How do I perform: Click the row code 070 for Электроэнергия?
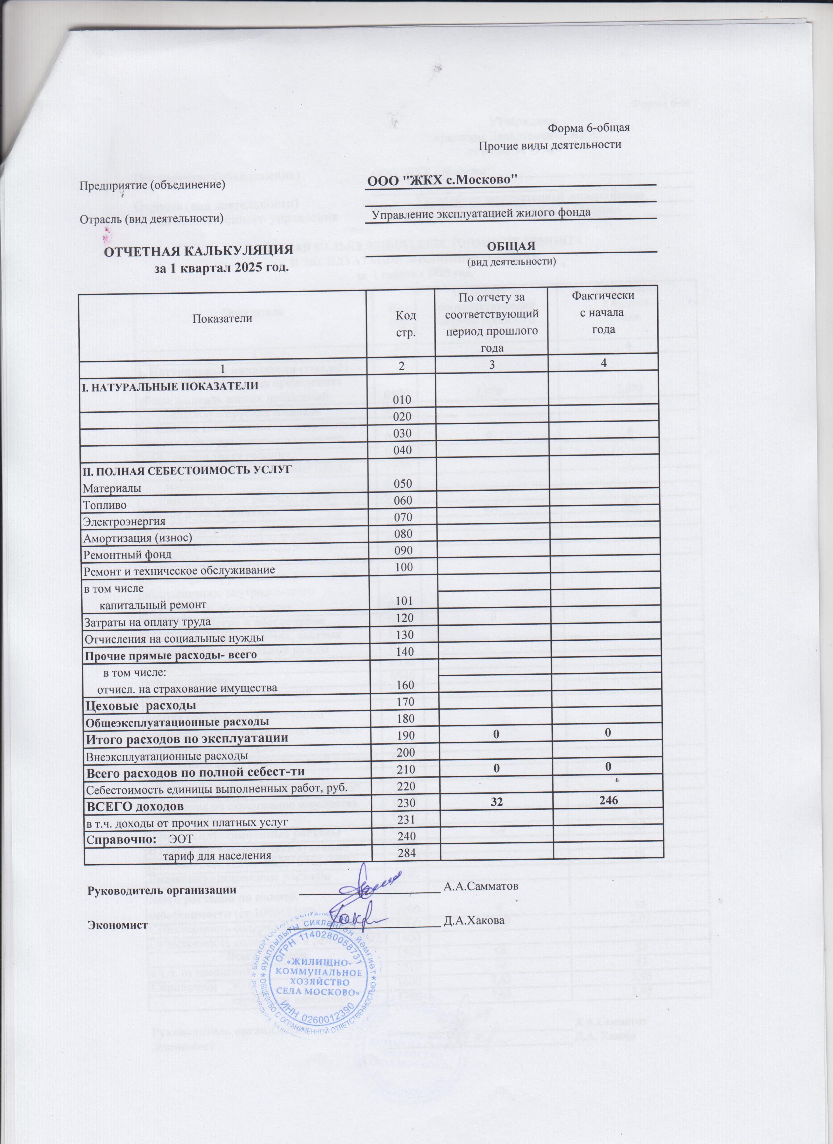406,518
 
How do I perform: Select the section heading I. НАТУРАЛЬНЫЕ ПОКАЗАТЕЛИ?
171,386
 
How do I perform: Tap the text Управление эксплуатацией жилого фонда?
481,213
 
